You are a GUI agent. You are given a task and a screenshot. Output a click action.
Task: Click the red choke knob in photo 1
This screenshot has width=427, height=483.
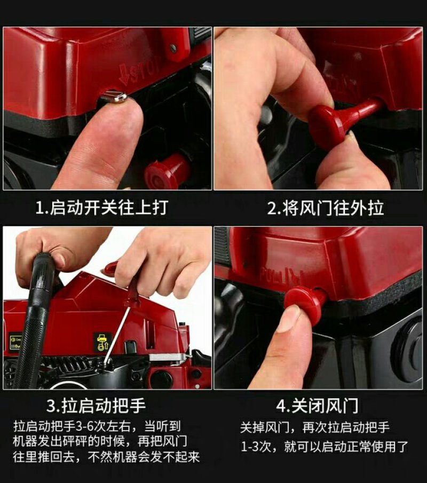pos(168,171)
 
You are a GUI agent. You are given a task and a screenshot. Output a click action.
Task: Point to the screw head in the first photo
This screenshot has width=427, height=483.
pos(173,47)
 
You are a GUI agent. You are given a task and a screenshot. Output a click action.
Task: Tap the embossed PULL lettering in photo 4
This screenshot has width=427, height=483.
pos(281,275)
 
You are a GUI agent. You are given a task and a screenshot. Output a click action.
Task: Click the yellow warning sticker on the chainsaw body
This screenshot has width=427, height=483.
pos(101,342)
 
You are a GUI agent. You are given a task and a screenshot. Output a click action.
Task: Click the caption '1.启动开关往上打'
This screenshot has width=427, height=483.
pos(101,207)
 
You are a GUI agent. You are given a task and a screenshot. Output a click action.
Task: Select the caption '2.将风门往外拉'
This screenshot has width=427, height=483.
pos(326,208)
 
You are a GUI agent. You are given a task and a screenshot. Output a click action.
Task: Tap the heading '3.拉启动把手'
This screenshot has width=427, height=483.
pos(96,406)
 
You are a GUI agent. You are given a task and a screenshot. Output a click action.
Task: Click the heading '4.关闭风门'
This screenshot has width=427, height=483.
pos(318,406)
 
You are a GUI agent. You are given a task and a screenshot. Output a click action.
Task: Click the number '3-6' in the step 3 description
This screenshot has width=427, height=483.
pos(85,426)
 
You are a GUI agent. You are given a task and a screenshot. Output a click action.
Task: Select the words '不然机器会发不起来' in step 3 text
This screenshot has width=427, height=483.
pos(144,457)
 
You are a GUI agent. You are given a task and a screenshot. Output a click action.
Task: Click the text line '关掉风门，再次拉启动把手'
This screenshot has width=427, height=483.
pos(315,427)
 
